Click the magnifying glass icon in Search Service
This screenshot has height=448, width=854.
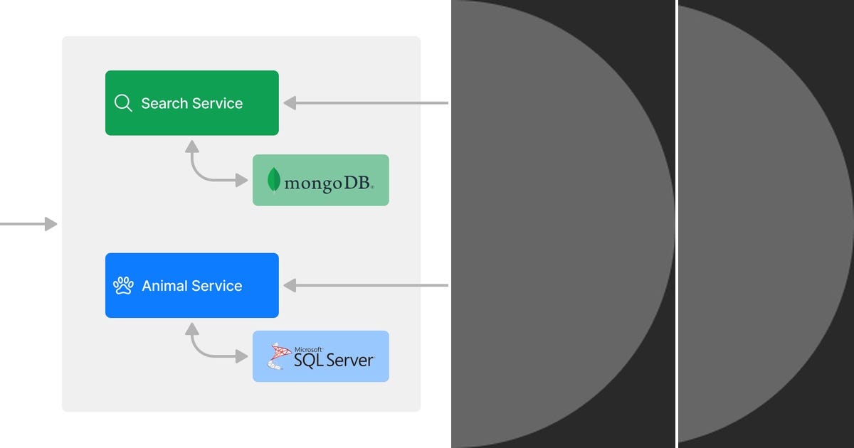[123, 103]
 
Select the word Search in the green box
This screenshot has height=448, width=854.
[164, 103]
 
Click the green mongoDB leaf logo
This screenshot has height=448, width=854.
[273, 180]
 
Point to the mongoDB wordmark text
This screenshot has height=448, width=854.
[328, 182]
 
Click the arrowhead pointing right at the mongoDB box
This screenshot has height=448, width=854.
[242, 181]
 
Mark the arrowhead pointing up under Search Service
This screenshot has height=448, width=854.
[191, 146]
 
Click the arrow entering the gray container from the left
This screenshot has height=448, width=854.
[28, 224]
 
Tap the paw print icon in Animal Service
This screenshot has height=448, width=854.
[123, 286]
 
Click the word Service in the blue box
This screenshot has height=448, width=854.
[217, 286]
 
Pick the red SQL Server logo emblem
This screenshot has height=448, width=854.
[278, 356]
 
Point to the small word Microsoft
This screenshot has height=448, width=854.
[308, 349]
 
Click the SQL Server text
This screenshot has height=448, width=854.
[333, 361]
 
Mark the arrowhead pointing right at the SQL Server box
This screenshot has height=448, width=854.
[242, 356]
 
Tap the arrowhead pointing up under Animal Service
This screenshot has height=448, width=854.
[191, 328]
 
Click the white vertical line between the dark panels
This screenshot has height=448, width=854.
[677, 224]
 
